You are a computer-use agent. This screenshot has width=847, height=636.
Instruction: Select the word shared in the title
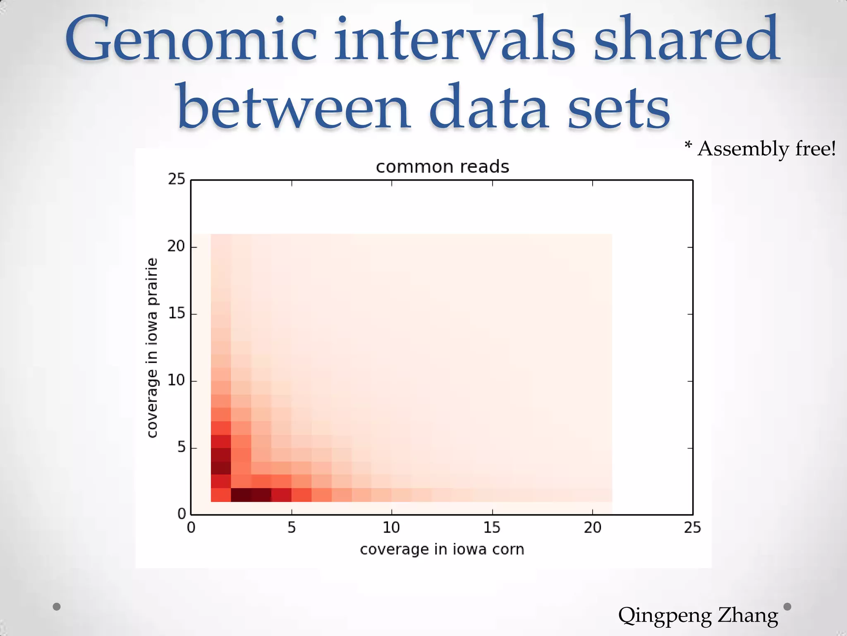click(x=687, y=39)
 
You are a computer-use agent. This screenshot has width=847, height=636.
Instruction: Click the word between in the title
click(x=294, y=108)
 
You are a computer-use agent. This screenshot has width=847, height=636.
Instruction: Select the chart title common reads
click(x=442, y=167)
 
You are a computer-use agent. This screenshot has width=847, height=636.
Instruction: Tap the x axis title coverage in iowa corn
click(x=442, y=549)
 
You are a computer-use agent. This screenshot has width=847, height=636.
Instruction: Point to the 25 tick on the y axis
click(x=177, y=179)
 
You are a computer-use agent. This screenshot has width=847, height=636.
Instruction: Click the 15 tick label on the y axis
click(x=177, y=313)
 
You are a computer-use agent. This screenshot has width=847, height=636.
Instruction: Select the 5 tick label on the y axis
click(x=181, y=448)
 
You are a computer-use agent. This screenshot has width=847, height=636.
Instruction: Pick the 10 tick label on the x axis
click(x=391, y=528)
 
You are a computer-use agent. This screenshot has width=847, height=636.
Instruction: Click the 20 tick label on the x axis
click(x=592, y=528)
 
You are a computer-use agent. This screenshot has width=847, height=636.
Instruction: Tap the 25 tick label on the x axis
click(x=692, y=528)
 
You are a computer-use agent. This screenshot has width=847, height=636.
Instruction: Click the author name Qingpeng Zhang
click(x=698, y=615)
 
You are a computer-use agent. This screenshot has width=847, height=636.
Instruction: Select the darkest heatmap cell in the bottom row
click(x=241, y=495)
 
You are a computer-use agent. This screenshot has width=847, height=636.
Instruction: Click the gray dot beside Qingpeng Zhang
click(x=787, y=607)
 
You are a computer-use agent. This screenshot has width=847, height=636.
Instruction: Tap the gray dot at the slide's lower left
click(x=57, y=607)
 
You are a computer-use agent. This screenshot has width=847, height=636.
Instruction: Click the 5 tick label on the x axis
click(x=292, y=528)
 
